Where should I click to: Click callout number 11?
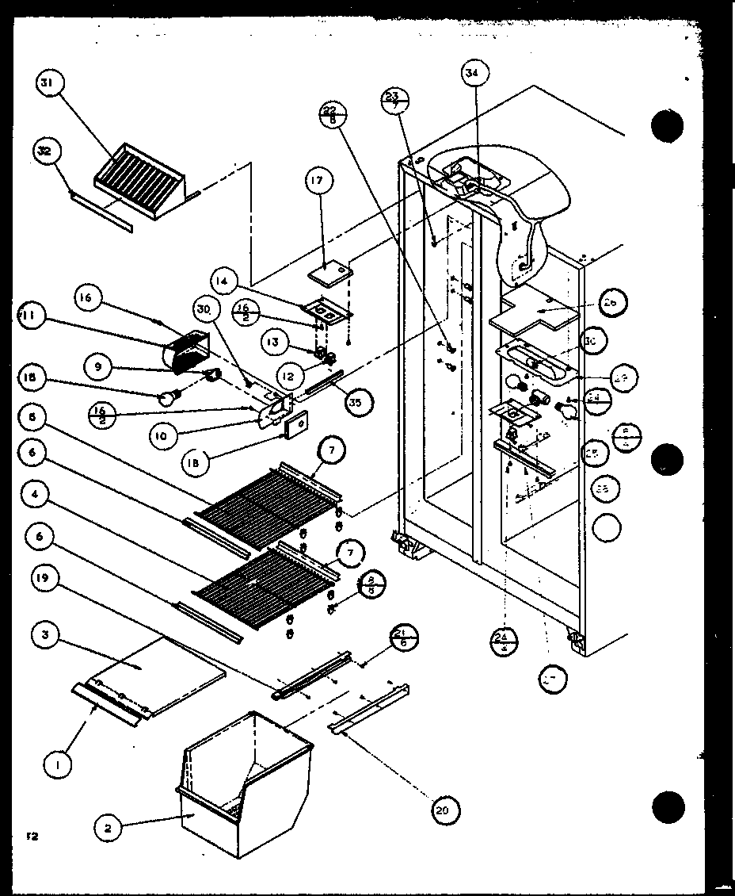[x=29, y=316]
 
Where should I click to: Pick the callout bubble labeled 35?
[x=360, y=402]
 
